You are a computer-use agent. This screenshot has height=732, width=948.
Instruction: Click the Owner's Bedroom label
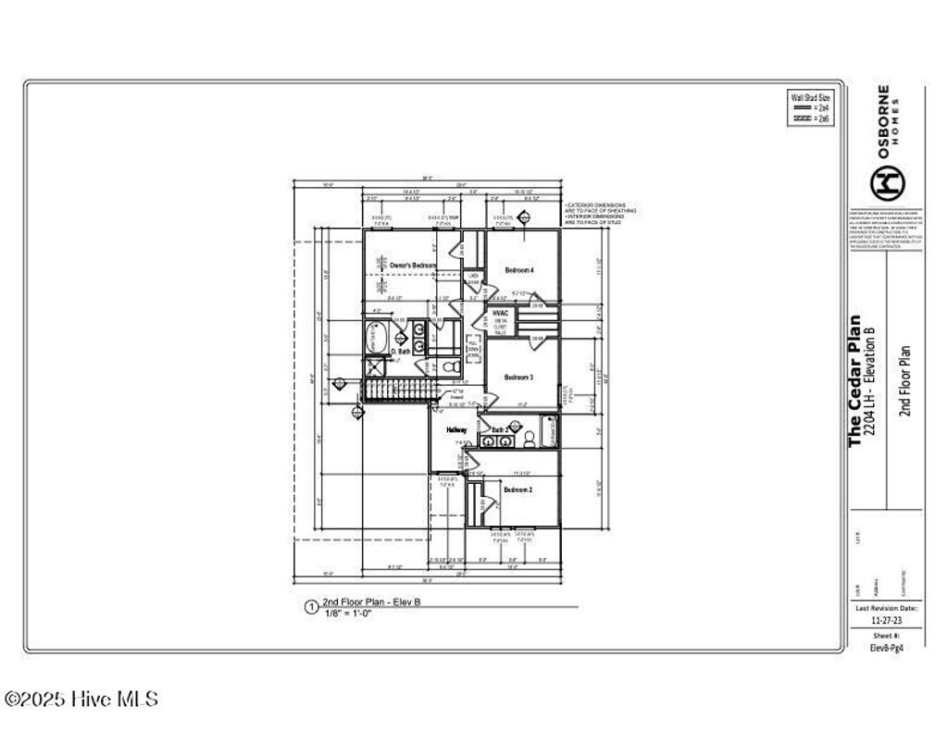tap(412, 266)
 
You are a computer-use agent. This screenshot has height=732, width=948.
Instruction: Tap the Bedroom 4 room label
tap(518, 269)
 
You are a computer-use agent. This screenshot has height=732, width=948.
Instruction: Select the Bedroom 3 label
tap(518, 378)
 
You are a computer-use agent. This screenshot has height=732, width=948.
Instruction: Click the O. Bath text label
tap(400, 352)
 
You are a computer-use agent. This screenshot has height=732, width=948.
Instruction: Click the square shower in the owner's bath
tap(375, 366)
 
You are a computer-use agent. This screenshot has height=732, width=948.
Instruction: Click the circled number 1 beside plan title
tap(311, 608)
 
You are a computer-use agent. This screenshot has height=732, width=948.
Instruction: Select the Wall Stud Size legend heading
tap(810, 95)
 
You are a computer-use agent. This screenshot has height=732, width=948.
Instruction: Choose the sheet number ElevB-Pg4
tap(886, 649)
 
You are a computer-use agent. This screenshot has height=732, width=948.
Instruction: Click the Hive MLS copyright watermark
tap(81, 700)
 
